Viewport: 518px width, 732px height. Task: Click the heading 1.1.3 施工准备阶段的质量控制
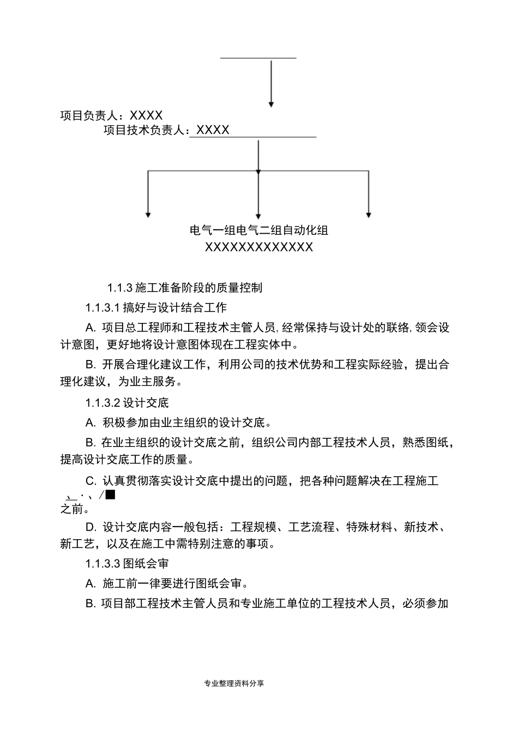(x=184, y=288)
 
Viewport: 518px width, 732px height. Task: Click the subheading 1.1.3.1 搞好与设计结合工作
(x=155, y=308)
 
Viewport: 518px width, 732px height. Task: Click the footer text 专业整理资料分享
(x=234, y=683)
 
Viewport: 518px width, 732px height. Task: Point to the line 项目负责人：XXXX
(x=111, y=115)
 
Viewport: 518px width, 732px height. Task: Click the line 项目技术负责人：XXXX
(x=166, y=130)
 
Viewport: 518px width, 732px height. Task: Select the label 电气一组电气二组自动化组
(x=259, y=230)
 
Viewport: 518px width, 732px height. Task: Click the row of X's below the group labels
(x=259, y=247)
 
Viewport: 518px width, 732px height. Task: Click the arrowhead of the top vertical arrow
(x=271, y=103)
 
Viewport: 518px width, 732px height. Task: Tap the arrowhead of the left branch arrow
(x=148, y=215)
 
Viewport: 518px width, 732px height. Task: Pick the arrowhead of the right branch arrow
(x=369, y=215)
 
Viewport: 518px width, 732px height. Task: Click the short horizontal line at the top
(x=258, y=57)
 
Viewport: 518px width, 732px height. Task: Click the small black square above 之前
(x=110, y=495)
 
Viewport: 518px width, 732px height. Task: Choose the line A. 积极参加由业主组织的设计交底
(x=178, y=423)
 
